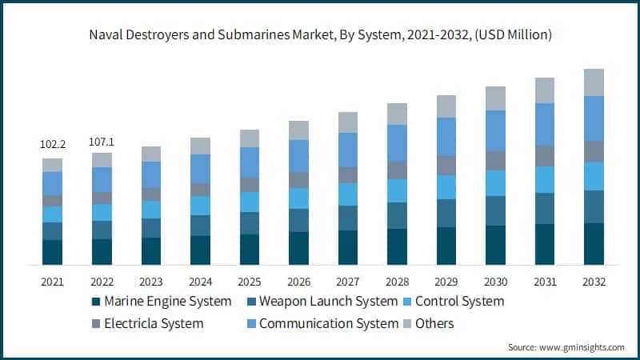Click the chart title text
320,34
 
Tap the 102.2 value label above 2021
52,145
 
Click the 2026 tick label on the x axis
298,282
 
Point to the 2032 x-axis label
594,282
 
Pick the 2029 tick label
446,282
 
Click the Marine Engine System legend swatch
95,302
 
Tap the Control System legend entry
460,302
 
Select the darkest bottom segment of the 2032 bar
594,243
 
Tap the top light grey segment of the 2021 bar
52,165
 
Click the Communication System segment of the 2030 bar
495,130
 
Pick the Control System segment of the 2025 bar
250,202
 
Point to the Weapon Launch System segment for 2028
397,215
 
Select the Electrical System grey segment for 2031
545,155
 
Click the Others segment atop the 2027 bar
348,122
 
